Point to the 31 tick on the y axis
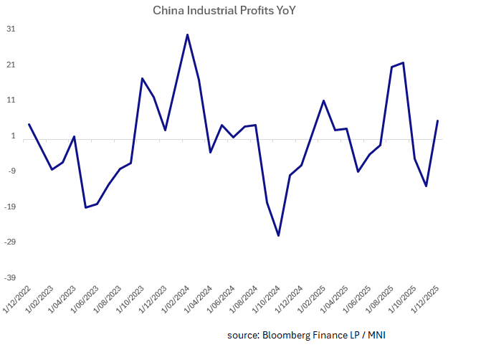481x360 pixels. [x=11, y=29]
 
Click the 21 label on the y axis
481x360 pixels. [x=11, y=65]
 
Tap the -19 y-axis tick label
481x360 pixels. [x=9, y=207]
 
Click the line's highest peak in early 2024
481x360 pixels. [x=187, y=34]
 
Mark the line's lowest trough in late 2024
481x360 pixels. [x=278, y=235]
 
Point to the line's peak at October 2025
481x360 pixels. [x=404, y=62]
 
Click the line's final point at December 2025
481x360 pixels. [x=438, y=120]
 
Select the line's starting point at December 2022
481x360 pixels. [x=29, y=124]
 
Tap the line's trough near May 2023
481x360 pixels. [x=86, y=207]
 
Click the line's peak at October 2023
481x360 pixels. [x=142, y=78]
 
